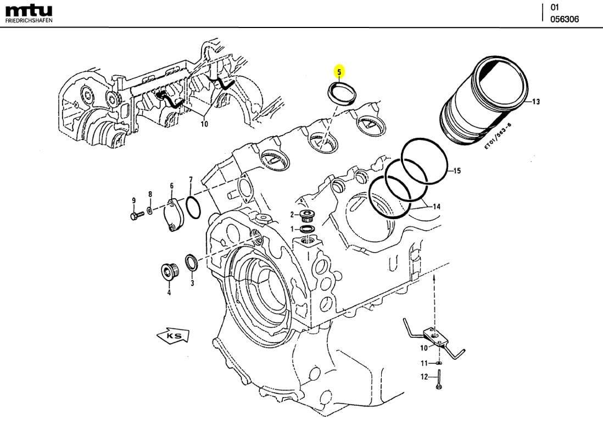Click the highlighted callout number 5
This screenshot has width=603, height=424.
(x=339, y=71)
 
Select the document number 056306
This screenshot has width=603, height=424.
(x=565, y=19)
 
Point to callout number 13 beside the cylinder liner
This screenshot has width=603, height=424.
(x=536, y=102)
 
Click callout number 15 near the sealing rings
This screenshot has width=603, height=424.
(x=457, y=171)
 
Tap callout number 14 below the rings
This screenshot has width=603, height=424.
(x=437, y=207)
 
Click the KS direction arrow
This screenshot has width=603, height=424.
(x=172, y=335)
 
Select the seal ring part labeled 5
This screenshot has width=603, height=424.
(x=341, y=91)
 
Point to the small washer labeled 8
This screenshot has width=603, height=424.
(x=150, y=211)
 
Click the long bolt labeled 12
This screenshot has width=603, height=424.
(x=439, y=379)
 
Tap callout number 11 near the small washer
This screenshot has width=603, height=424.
(x=424, y=364)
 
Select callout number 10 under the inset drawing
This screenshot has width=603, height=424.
(x=204, y=124)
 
